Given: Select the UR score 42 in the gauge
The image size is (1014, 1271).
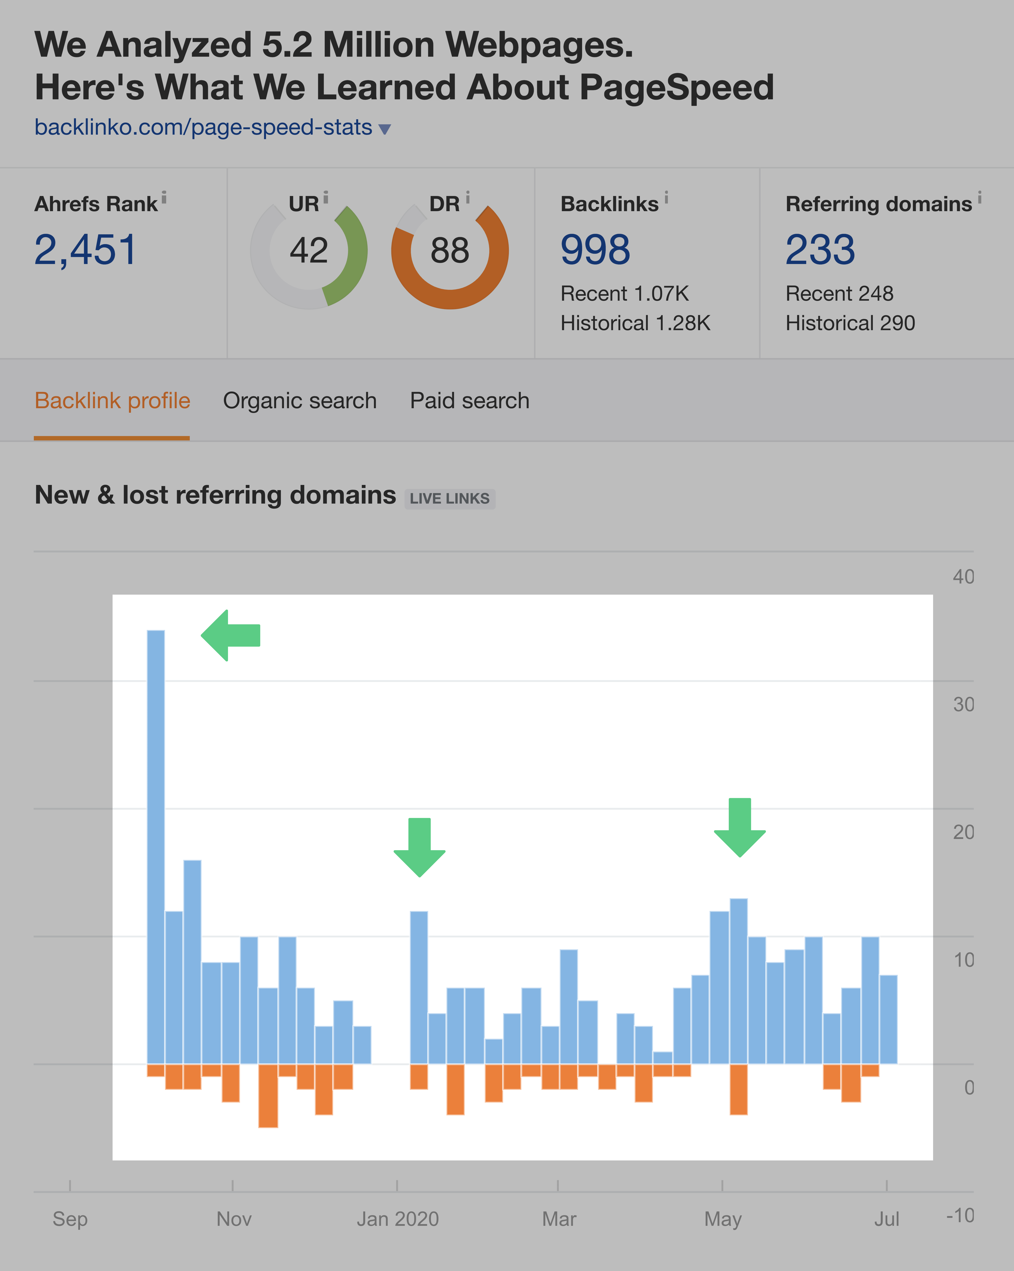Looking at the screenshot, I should coord(308,251).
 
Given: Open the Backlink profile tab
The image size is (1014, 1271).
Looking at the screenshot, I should coord(112,401).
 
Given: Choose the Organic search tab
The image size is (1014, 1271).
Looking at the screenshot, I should coord(300,401).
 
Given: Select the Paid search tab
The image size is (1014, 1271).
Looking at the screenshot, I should coord(470,401).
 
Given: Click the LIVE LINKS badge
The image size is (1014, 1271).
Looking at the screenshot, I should coord(449,499).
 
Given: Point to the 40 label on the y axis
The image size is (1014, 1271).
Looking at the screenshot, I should coord(963,577).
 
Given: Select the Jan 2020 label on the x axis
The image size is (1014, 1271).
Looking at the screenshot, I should coord(398,1219).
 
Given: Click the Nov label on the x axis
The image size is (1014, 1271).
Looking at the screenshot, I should coord(234,1219).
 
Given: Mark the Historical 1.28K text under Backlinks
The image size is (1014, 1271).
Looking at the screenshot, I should coord(635,323).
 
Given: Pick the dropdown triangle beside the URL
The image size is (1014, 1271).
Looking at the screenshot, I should coord(385,129).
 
